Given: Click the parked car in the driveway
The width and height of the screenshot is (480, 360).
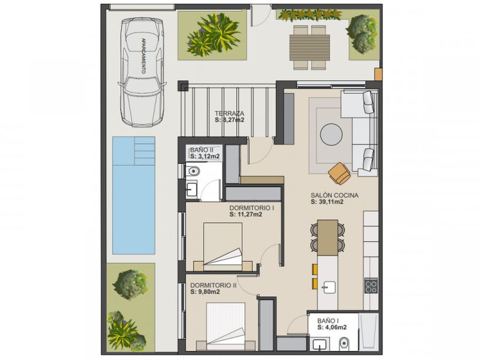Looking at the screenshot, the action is tap(142, 72).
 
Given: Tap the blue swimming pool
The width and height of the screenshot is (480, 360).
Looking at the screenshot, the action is tap(134, 195).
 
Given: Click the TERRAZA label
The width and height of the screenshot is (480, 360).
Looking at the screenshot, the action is tap(229, 113).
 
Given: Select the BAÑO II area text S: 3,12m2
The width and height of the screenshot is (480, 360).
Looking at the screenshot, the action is tap(205, 156).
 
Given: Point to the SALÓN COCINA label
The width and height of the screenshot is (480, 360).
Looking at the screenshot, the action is tap(334, 195).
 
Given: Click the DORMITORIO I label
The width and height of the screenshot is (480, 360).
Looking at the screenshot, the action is tap(252, 208).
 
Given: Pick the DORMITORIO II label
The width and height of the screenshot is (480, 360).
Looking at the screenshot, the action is tap(213, 285).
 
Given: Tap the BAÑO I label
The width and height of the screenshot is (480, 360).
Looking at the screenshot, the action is tap(328, 321).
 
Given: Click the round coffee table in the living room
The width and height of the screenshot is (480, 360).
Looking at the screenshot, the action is tap(331, 134).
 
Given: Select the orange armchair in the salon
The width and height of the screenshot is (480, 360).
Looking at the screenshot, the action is tap(340, 173).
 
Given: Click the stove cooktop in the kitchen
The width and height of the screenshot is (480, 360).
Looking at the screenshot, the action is tap(371, 286).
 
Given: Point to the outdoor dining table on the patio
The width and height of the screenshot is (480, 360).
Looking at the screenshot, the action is tap(310, 48).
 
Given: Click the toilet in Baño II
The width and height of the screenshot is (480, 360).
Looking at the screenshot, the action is tap(193, 171).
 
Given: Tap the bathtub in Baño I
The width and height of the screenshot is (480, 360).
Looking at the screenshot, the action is tap(369, 331).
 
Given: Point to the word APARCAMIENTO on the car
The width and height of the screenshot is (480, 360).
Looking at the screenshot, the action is tap(143, 55).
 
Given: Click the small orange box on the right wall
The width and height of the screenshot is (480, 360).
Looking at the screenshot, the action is tap(378, 74).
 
